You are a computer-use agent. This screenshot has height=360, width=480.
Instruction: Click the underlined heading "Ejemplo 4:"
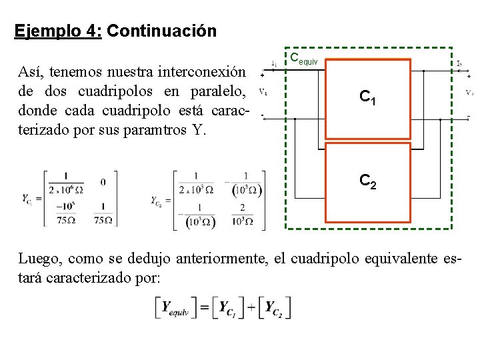(57, 31)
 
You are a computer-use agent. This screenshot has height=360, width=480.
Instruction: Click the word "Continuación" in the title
(161, 31)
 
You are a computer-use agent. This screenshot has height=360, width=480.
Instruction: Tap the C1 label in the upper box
(367, 97)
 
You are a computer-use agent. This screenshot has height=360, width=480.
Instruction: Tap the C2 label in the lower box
(367, 180)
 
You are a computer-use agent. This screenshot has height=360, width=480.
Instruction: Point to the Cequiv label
(307, 59)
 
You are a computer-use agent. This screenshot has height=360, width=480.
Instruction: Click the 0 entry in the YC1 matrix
(103, 181)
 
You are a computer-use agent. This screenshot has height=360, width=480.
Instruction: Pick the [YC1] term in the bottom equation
(229, 309)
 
